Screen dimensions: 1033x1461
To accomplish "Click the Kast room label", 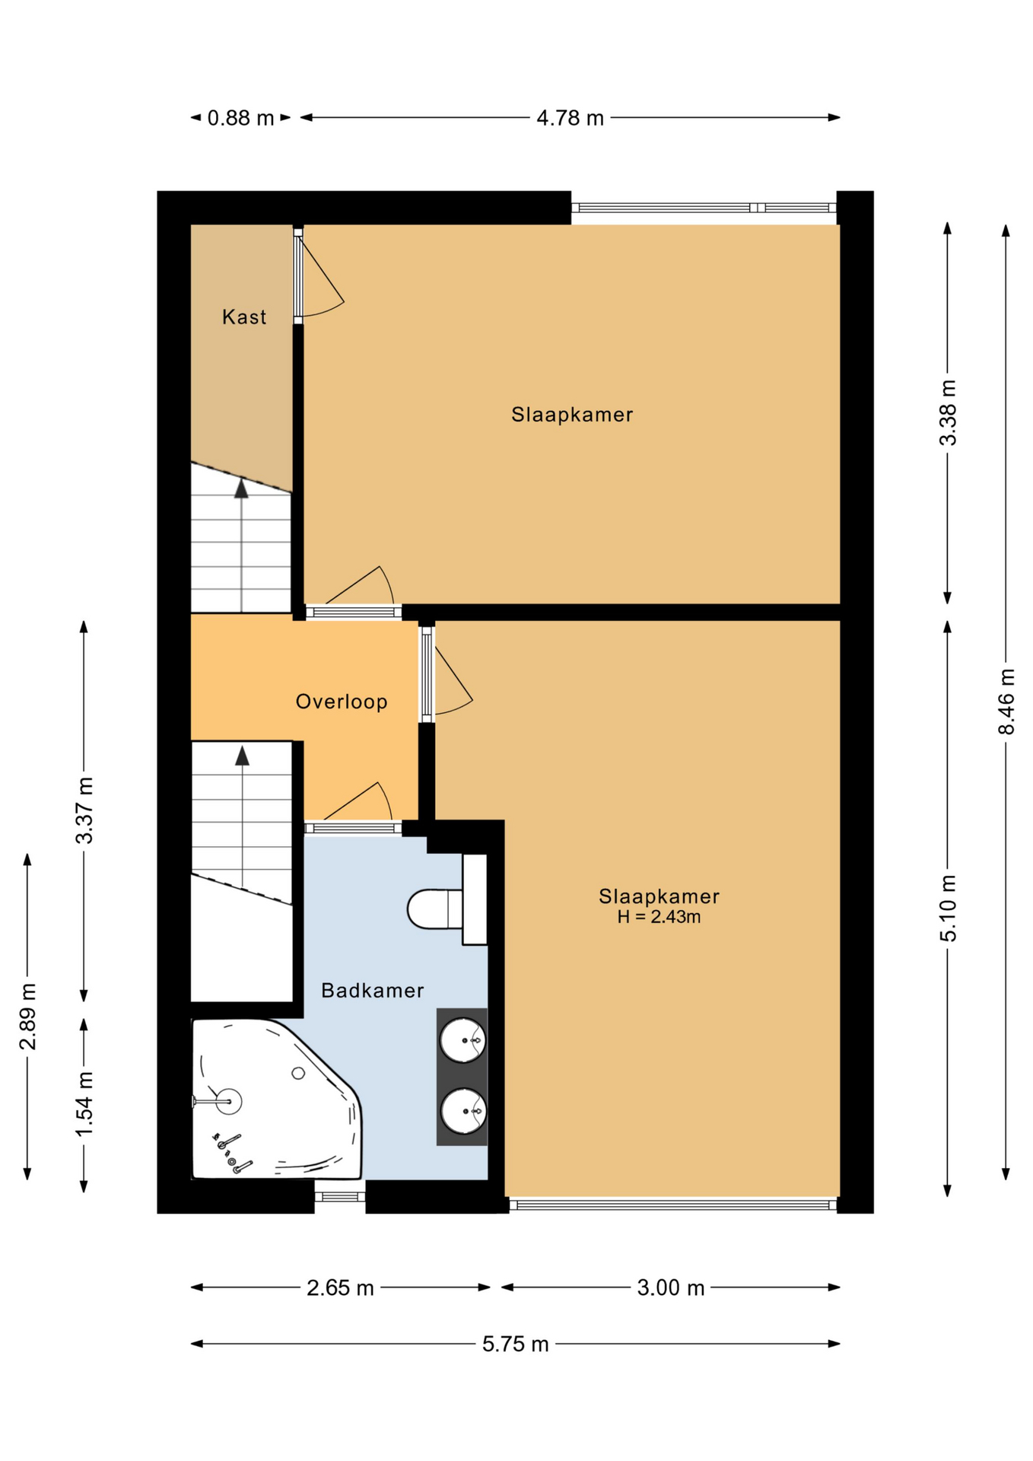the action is coord(244,317).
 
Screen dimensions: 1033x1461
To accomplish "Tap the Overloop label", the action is coord(342,702).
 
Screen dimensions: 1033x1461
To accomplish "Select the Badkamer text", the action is coord(372,990).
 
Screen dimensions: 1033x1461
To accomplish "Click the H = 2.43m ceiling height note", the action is coord(659,917).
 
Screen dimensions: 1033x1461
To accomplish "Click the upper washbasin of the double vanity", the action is coord(462,1040).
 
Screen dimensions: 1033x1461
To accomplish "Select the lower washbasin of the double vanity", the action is coord(462,1112).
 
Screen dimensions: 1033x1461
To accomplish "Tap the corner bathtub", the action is coord(276,1100).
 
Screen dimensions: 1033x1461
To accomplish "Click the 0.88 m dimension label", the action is coord(240,118).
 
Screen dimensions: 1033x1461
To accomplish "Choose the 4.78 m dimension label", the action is coord(570,118).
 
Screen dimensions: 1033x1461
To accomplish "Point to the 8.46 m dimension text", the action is coord(1006,702).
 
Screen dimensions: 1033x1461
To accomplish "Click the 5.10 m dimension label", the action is coord(948,909).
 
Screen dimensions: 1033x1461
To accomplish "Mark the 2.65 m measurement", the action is coord(340,1288).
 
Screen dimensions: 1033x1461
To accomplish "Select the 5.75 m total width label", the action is coord(515,1344).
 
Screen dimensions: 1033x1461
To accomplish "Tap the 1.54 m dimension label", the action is coord(84,1104).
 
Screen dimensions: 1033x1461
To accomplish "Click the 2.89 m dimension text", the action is coord(28,1017).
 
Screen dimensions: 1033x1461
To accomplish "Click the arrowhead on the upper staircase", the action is coord(241,488).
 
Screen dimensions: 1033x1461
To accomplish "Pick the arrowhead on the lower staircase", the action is coord(242,756).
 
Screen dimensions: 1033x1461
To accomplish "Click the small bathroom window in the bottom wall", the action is coord(340,1197).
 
